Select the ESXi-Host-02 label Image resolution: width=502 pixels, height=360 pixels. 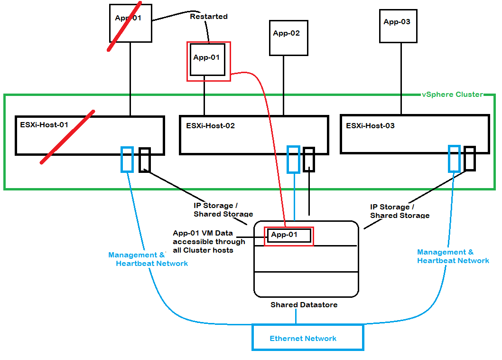coord(210,126)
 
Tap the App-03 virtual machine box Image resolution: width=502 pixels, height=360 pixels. coord(398,26)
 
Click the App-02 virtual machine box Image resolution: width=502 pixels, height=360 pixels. coord(288,38)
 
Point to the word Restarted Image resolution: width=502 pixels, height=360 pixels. coord(209,17)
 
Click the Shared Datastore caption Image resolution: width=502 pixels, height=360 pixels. coord(304,304)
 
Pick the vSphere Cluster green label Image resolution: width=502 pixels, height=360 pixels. coord(452,95)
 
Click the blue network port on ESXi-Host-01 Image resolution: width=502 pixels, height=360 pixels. coord(127,159)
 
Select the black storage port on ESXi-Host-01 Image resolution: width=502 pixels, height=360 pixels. coord(145,160)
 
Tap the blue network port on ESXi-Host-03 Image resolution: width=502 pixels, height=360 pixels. coord(454,159)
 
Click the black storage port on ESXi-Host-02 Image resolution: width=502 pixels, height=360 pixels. coord(309,159)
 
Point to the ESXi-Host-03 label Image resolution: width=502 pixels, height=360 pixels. coord(370,126)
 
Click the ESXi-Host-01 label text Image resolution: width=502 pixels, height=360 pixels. coord(44,125)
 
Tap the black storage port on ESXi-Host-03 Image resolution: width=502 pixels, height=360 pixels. coord(470,159)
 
